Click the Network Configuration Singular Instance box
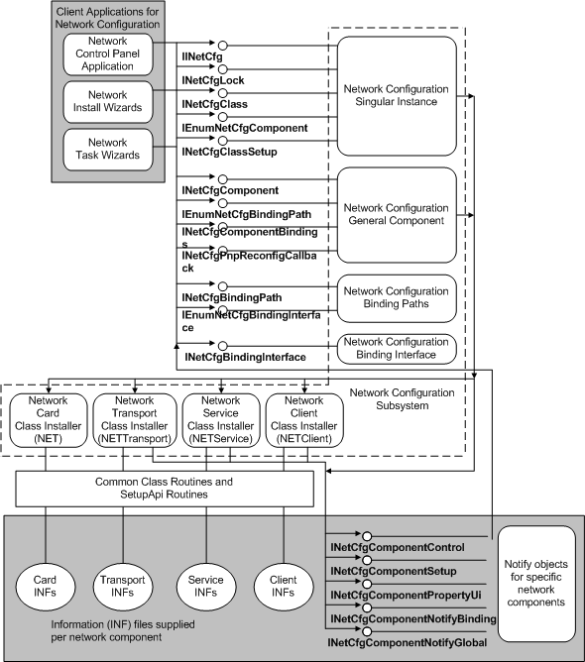[396, 95]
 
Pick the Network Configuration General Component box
[396, 214]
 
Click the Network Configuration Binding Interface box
[396, 349]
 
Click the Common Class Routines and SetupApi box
[166, 487]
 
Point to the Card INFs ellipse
[46, 585]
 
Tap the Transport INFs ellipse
[123, 585]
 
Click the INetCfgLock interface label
[212, 79]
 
